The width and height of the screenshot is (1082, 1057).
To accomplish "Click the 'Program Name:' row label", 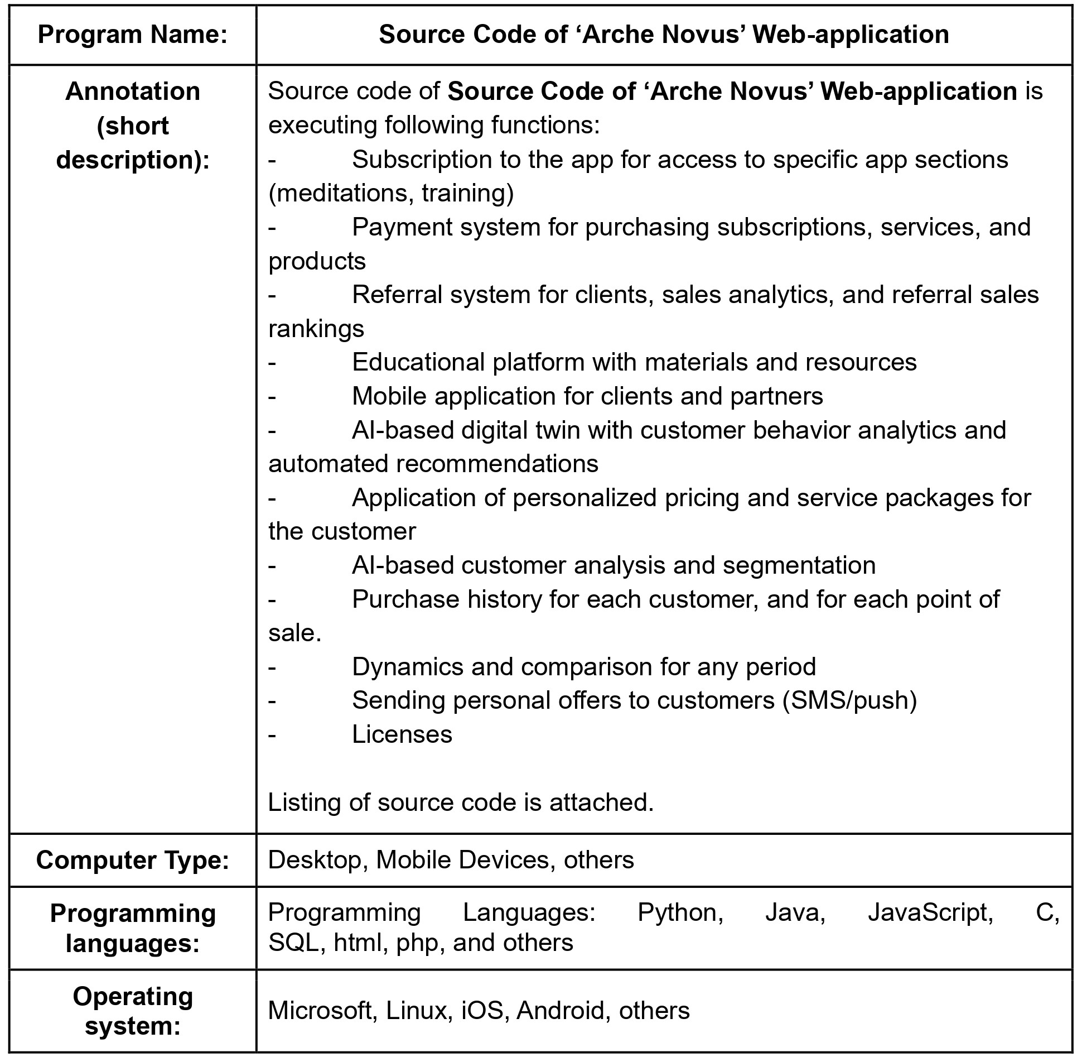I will (133, 35).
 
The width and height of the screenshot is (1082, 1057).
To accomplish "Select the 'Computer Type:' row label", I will (133, 860).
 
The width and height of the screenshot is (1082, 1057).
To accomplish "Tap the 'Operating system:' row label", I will (133, 1011).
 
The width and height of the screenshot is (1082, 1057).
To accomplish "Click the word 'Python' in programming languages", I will (680, 912).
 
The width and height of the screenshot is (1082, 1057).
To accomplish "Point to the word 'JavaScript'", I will (930, 912).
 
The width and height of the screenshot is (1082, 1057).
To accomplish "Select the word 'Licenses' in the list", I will (402, 734).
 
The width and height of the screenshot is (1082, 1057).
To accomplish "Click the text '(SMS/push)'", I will (849, 700).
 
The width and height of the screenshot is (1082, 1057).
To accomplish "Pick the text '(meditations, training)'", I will (391, 193).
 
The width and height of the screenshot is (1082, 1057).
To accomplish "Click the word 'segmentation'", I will (799, 565).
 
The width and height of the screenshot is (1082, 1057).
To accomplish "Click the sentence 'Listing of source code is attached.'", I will (461, 803).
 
